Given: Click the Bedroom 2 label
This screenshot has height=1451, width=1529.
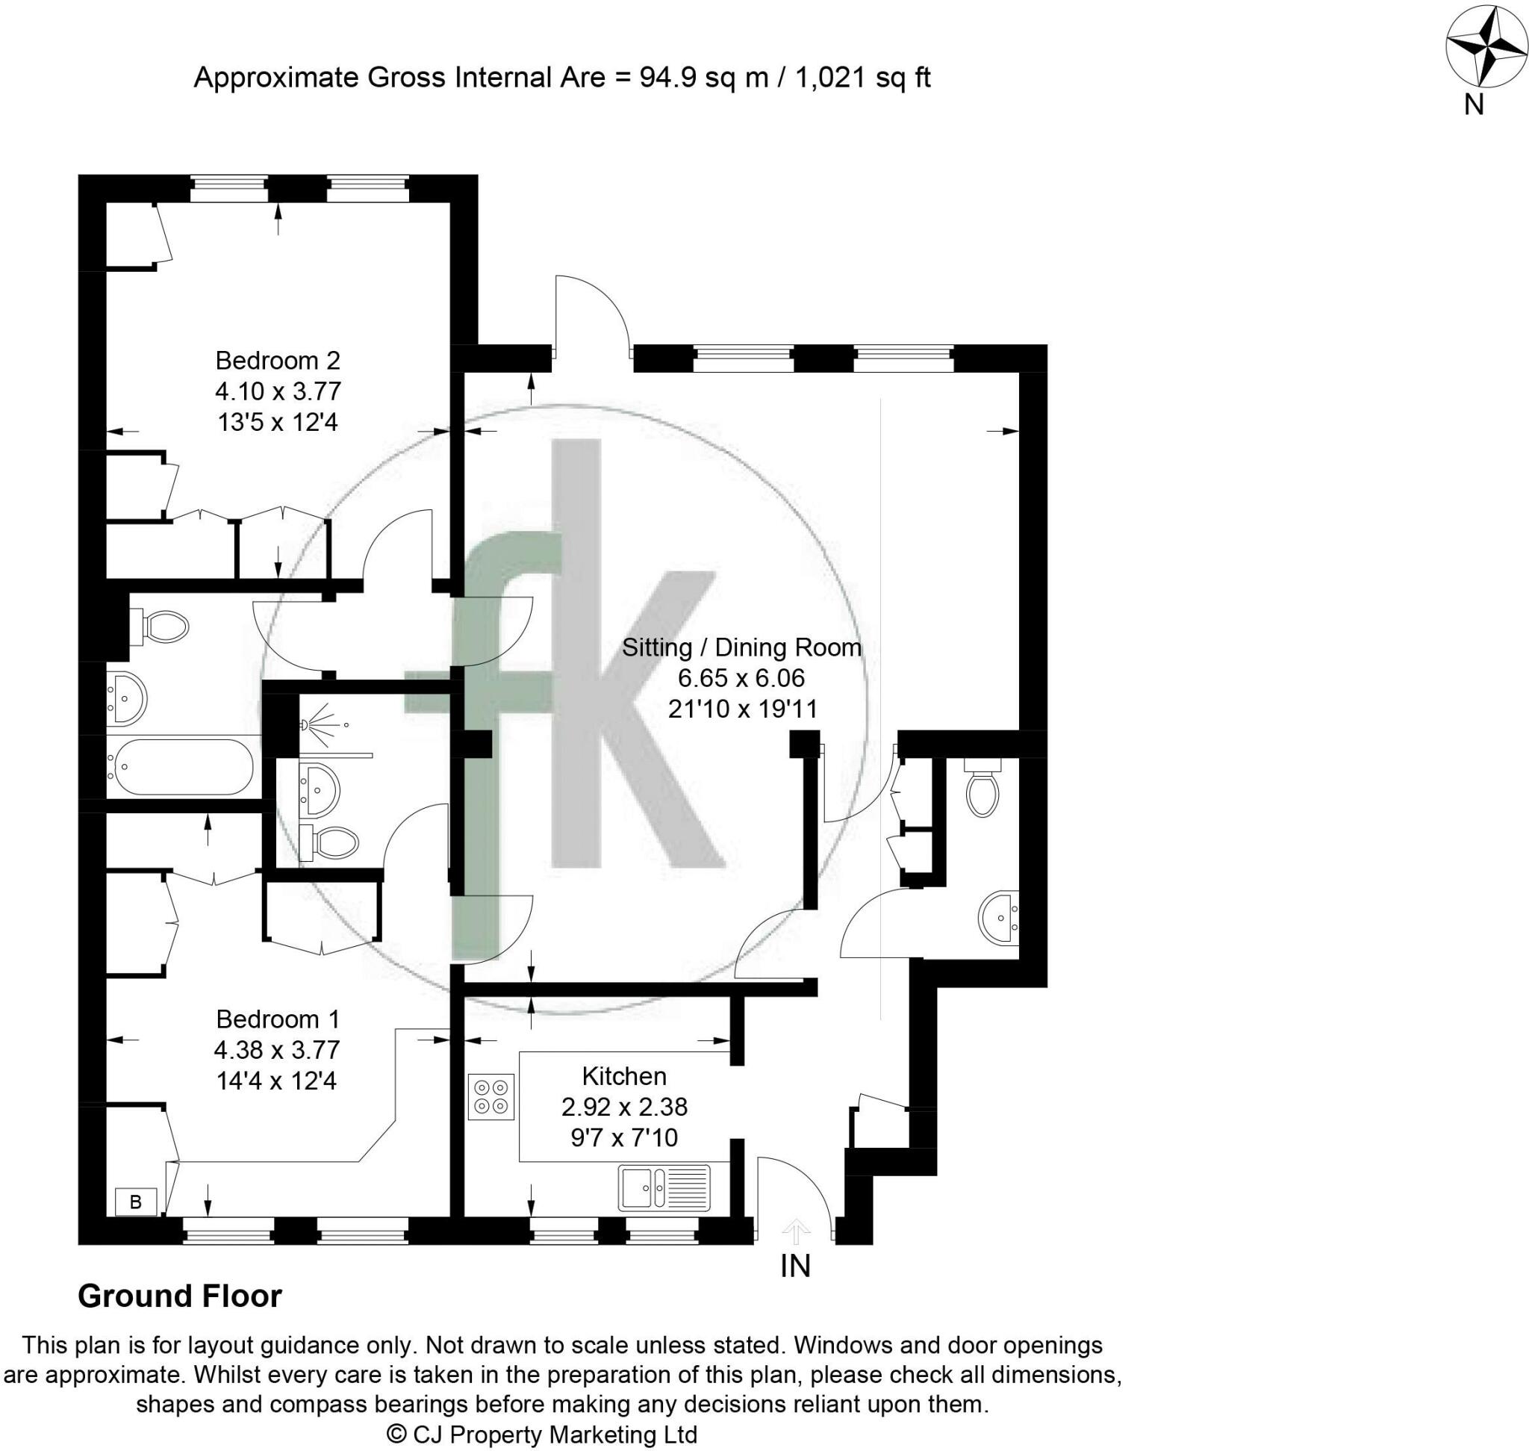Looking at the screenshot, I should pos(278,361).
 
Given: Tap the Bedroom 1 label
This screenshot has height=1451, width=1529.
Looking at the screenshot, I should pos(278,1019).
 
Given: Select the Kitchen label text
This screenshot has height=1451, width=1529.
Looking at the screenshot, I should pos(623,1076).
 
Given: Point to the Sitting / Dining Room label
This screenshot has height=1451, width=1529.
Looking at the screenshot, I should pos(741,647).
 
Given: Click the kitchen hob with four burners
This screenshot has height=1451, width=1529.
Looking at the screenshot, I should pos(491,1097).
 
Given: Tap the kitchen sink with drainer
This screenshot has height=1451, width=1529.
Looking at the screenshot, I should pos(663,1187).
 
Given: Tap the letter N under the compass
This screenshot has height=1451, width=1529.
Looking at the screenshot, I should pos(1473,105).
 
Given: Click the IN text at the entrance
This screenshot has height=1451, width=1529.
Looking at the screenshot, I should pos(795,1267).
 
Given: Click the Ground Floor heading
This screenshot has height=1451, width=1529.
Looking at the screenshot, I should pos(179,1296).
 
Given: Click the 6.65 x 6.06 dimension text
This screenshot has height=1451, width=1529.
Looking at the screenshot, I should pos(741,677).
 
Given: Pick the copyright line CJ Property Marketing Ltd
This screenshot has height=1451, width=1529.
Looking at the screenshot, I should pos(541,1434).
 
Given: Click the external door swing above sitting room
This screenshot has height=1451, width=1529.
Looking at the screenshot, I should pos(591,313).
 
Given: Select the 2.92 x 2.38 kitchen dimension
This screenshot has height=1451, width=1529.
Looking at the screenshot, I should pos(623,1107).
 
